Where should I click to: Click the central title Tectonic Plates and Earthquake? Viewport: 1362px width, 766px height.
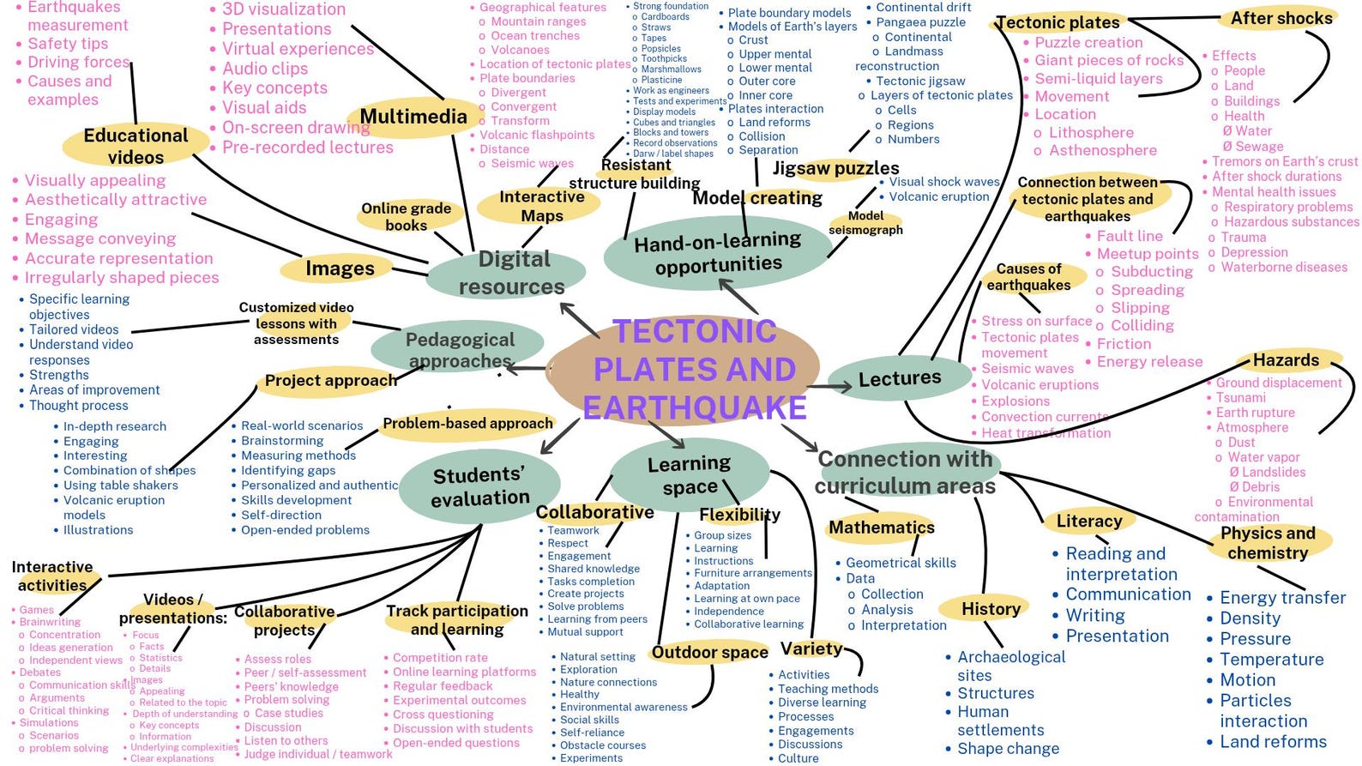point(695,369)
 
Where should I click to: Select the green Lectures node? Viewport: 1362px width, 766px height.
point(899,377)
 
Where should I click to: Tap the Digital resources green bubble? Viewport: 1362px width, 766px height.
point(511,272)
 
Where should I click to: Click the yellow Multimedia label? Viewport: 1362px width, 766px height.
point(413,117)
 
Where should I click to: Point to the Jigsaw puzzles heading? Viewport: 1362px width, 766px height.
point(835,168)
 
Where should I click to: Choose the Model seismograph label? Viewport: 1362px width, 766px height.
point(865,223)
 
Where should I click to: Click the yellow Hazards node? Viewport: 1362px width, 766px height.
point(1286,360)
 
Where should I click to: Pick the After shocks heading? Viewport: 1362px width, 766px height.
point(1281,18)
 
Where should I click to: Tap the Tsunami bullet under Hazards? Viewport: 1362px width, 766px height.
point(1240,398)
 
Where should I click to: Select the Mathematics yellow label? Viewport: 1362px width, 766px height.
point(881,528)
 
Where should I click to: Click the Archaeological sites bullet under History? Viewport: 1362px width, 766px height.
point(1010,666)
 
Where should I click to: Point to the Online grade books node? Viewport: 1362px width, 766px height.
point(406,216)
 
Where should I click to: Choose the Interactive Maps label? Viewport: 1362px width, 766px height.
point(542,206)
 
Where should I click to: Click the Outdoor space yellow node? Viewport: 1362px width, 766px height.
point(709,653)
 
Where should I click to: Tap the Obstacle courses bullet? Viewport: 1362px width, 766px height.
point(602,745)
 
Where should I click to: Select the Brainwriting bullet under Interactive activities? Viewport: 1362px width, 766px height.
point(50,622)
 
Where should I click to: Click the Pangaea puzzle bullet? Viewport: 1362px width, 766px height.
point(920,22)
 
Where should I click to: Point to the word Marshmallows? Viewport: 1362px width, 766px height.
point(671,69)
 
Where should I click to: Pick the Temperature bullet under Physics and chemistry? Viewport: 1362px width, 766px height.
point(1271,660)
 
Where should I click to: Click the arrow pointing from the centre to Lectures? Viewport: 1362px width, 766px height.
point(829,387)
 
